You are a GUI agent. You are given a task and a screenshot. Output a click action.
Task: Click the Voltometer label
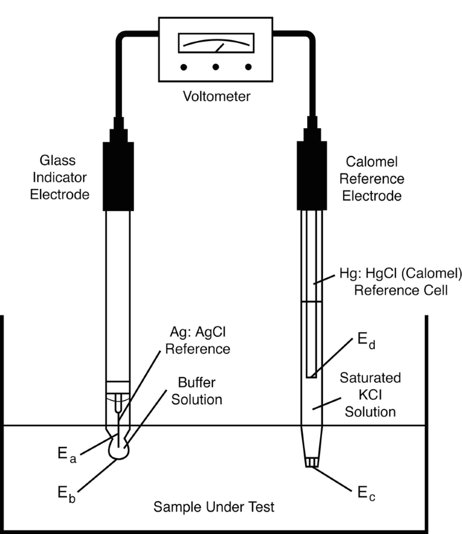click(215, 96)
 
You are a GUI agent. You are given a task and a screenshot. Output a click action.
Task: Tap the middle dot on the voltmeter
click(215, 67)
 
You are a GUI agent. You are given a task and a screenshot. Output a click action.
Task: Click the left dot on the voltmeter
click(185, 67)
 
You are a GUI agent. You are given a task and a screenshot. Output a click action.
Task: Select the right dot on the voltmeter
click(247, 67)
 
